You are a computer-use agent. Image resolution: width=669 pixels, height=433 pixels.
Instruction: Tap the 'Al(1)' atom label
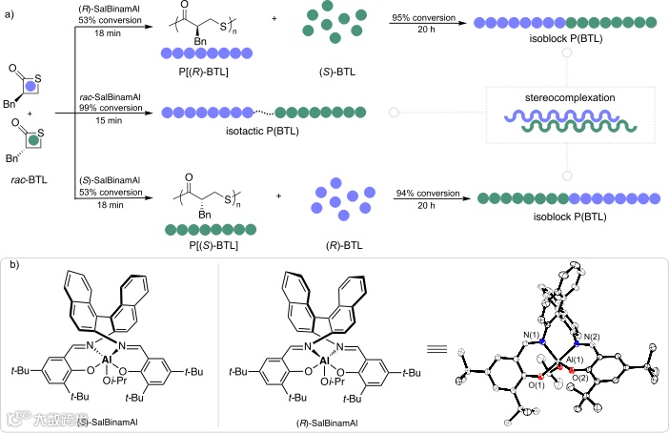click(585, 370)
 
